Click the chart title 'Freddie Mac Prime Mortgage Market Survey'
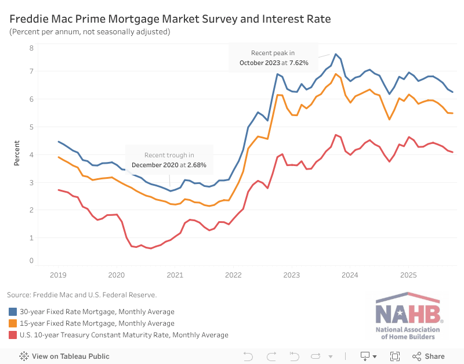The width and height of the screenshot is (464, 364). point(170,19)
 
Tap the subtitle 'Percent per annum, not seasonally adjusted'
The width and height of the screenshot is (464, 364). point(90,31)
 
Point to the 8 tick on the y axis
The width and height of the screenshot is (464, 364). point(31,48)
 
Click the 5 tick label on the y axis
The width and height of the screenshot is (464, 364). point(31,127)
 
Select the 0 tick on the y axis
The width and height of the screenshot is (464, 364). point(31,261)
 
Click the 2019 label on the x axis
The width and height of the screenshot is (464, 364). point(59,274)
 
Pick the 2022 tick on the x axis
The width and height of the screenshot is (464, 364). point(233,274)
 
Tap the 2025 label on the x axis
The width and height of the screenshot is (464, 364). point(408,274)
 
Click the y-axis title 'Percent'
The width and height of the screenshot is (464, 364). point(17,153)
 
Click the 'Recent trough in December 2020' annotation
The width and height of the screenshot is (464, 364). point(169,160)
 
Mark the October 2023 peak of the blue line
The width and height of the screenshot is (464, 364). point(335,54)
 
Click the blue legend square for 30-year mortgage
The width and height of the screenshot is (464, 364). point(12,312)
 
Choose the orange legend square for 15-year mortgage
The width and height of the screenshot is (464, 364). point(12,323)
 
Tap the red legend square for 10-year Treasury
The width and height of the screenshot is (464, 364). point(12,335)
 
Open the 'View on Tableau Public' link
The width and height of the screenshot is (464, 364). point(64,356)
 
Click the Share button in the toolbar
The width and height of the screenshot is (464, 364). point(429,356)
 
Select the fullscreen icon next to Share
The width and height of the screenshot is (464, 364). point(395,356)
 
